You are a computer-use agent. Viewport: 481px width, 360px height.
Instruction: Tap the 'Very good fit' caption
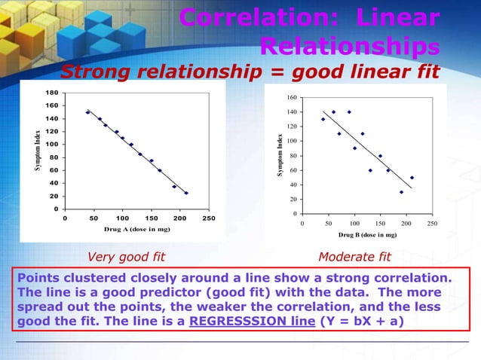pos(127,258)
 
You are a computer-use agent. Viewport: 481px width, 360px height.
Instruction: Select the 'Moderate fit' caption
pos(354,258)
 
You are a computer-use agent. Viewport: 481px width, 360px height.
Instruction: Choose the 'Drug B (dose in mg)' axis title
pos(367,235)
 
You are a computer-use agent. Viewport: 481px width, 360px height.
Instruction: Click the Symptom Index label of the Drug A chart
pos(38,151)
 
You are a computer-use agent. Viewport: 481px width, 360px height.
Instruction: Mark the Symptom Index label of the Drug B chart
pos(279,157)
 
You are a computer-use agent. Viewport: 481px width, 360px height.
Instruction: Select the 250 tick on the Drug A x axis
pos(208,218)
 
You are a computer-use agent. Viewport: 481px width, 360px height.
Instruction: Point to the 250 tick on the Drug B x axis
pos(431,224)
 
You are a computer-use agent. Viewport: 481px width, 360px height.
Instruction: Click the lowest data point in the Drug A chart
pos(186,193)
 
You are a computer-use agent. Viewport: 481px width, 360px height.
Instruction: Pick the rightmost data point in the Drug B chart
pos(412,178)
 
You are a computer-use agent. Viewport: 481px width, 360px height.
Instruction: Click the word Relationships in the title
pos(350,47)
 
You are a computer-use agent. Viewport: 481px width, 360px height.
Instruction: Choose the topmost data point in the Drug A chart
pos(87,112)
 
